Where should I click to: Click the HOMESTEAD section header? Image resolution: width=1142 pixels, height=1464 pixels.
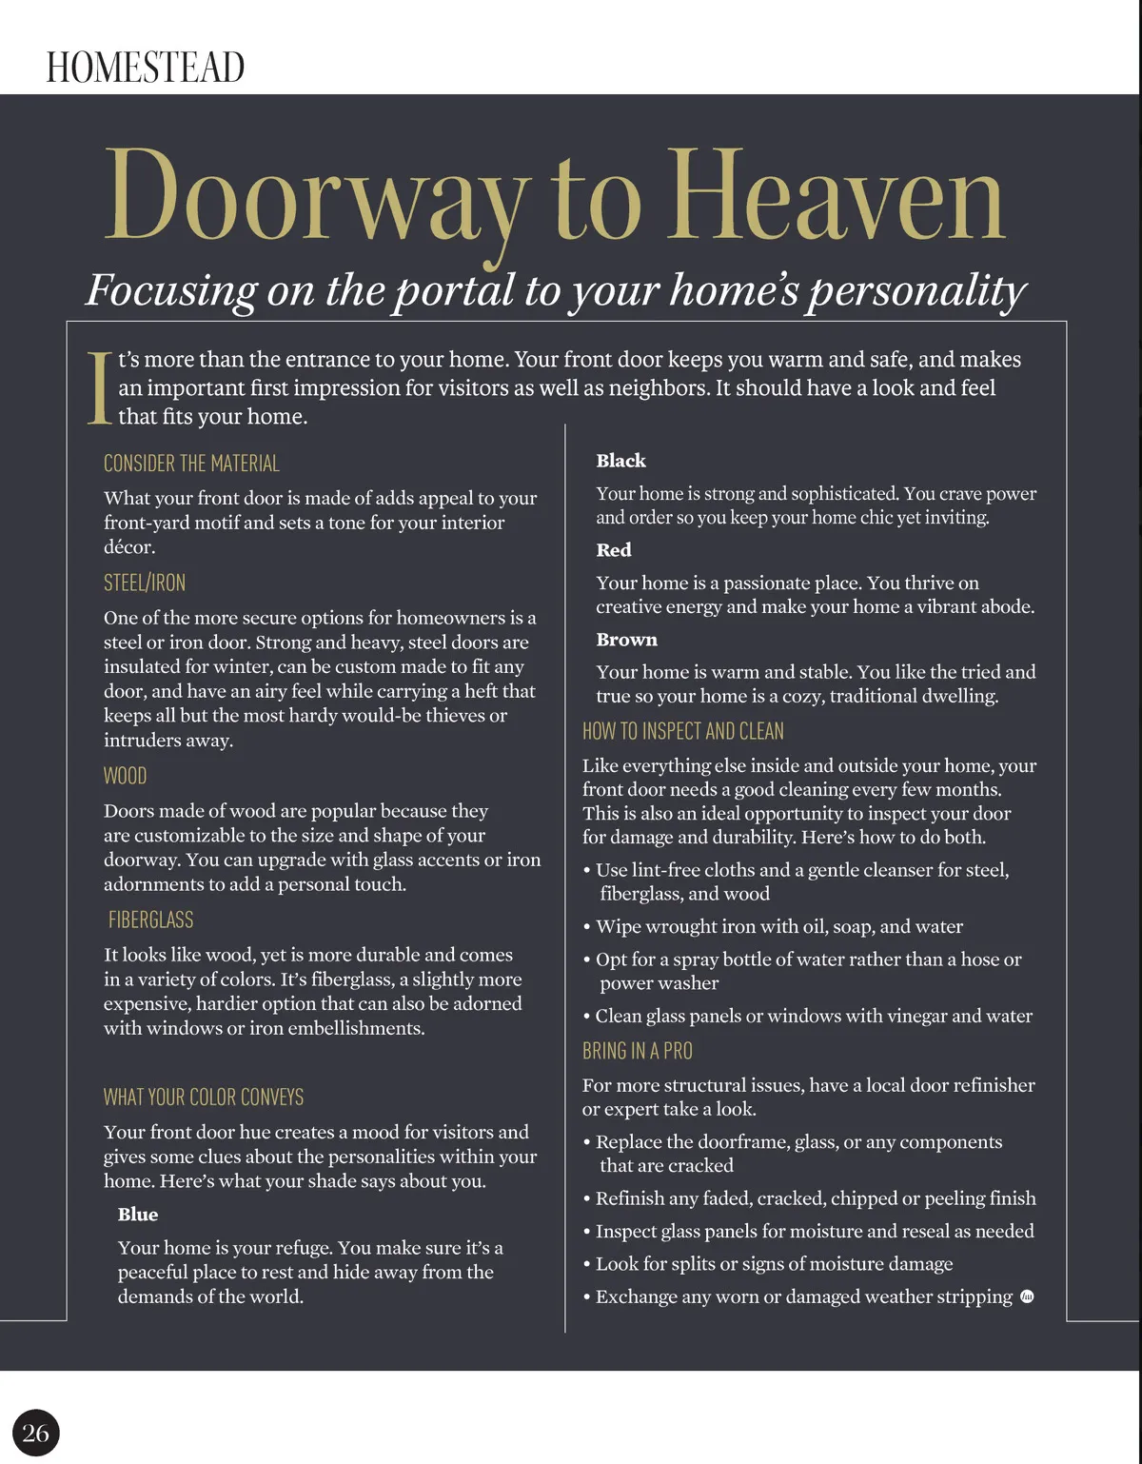pos(146,68)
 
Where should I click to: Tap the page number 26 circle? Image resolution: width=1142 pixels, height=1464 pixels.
pos(36,1433)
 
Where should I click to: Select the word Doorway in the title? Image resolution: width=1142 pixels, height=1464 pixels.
pos(315,198)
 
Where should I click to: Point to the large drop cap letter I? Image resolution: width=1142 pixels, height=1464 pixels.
pos(99,388)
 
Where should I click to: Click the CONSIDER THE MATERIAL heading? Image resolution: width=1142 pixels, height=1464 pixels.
pos(191,464)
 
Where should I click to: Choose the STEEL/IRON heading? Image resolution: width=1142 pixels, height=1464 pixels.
pos(145,583)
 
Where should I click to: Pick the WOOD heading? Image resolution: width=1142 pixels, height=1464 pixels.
pos(125,776)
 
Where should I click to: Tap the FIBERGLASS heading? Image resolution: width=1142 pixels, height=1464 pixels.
pos(150,920)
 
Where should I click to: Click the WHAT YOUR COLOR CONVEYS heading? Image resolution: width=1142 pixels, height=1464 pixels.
pos(204,1097)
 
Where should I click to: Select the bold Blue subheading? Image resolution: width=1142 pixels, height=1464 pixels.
pos(138,1214)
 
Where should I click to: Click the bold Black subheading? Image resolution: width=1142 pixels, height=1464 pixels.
pos(620,461)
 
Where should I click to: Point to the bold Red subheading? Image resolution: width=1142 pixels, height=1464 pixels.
pos(614,550)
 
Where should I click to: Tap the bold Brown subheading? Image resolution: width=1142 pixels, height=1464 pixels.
pos(626,640)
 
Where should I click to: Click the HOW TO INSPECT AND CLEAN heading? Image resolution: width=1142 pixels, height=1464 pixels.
pos(683,731)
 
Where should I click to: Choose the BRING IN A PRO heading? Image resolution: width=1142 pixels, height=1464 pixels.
pos(638,1051)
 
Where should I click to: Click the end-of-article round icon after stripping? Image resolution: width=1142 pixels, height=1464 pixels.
pos(1027,1296)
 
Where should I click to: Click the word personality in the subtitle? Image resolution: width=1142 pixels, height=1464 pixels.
pos(916,290)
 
